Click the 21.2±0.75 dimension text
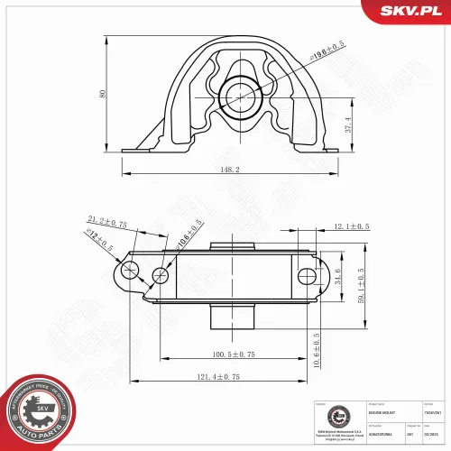coord(107,219)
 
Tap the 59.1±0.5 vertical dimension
coord(362,287)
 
